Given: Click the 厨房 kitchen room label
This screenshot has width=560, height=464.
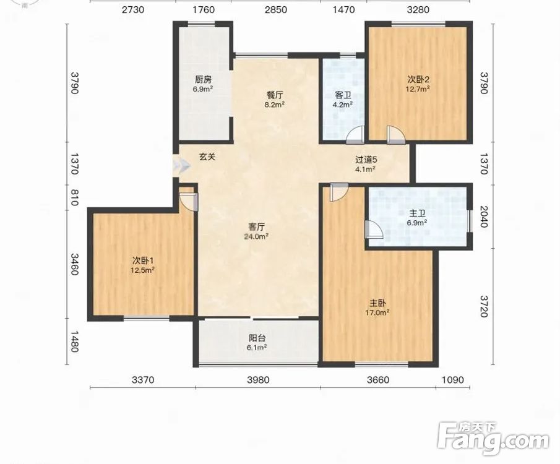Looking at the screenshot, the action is [x=203, y=79].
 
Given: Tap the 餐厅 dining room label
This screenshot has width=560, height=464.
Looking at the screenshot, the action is [x=275, y=95].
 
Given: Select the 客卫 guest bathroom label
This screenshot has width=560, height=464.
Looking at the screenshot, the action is [x=343, y=95].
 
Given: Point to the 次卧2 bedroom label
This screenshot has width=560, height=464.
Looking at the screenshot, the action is [x=418, y=79].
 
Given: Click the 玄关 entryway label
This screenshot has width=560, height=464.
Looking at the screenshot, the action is [x=207, y=157].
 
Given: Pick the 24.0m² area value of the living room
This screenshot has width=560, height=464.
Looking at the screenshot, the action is [x=256, y=236].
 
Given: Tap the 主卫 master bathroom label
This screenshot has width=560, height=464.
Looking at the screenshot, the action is [x=417, y=213].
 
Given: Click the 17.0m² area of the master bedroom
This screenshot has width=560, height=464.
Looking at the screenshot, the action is [x=377, y=312].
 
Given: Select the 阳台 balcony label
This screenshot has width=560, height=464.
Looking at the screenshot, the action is [x=257, y=338].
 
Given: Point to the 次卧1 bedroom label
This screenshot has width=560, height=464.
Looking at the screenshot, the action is [x=142, y=260].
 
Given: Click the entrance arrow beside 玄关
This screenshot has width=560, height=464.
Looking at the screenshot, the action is [x=181, y=166].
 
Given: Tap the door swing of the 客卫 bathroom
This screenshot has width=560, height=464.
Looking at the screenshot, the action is [x=355, y=135].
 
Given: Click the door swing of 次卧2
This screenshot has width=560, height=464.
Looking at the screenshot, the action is [x=396, y=135].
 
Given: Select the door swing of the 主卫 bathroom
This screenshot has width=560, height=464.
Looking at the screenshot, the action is [x=374, y=230].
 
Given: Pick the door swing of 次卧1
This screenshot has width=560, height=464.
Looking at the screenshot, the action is [x=189, y=202].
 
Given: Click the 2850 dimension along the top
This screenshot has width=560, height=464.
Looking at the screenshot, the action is [x=276, y=9].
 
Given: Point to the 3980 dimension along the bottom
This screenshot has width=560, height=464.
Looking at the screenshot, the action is [x=258, y=380].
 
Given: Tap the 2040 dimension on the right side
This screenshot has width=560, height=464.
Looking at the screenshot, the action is [x=483, y=217].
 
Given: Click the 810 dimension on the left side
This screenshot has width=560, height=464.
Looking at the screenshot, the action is [x=74, y=197].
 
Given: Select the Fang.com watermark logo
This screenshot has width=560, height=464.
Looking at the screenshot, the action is [x=493, y=439].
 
